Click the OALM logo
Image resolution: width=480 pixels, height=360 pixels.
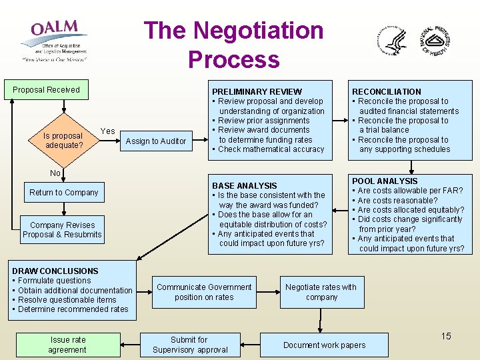[x=54, y=40]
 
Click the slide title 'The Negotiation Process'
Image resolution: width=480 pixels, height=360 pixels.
[x=233, y=45]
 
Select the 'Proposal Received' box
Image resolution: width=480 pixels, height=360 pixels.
[x=46, y=90]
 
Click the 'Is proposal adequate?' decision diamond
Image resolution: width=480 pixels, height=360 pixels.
[x=63, y=140]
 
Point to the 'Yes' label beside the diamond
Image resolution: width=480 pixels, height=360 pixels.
[x=107, y=131]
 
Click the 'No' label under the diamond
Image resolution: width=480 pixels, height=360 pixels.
[x=55, y=173]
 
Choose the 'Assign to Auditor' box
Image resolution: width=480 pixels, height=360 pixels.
[x=156, y=141]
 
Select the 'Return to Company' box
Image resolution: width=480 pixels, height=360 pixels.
[x=64, y=193]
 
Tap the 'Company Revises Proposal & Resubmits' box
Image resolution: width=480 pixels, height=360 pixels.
[x=62, y=229]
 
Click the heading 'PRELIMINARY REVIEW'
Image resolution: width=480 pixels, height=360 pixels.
[x=257, y=92]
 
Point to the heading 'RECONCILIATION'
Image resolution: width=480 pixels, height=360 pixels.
[x=387, y=92]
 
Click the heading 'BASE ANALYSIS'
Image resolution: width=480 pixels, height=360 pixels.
[x=244, y=186]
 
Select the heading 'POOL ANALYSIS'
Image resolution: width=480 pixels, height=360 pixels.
[x=385, y=181]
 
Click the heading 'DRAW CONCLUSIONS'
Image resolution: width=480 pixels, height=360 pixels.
[x=55, y=271]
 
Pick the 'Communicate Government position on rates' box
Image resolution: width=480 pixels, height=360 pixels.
[x=204, y=292]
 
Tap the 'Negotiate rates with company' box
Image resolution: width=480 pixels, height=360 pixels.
[x=321, y=292]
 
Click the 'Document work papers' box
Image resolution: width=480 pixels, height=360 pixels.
[x=325, y=345]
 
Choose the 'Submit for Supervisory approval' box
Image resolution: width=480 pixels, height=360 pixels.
[x=190, y=345]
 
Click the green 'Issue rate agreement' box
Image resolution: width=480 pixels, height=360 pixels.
[x=67, y=345]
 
